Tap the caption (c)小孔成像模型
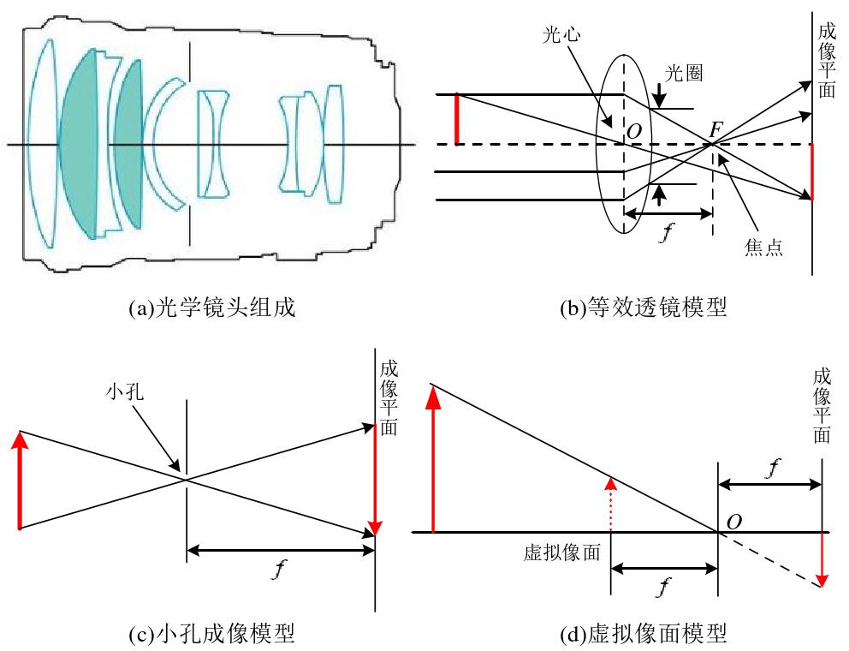pos(211,633)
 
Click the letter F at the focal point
pos(715,130)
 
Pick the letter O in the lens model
pos(633,131)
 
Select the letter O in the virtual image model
pos(733,522)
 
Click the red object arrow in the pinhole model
pos(20,480)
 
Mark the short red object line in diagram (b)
pos(457,119)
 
